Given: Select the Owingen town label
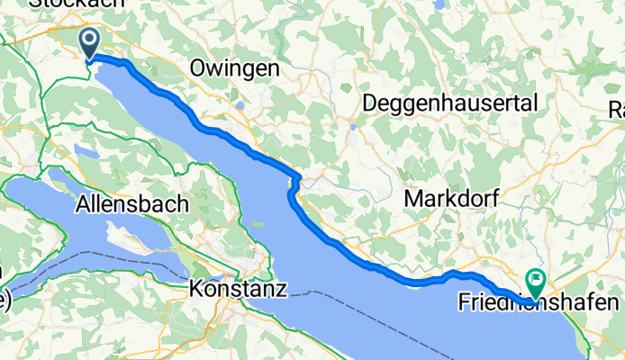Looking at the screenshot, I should click(x=235, y=68).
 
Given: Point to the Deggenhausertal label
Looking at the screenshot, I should click(x=449, y=103).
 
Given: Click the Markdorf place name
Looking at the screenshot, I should click(x=451, y=196).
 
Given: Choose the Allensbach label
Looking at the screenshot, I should click(x=133, y=203).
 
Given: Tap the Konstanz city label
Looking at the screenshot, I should click(x=239, y=290).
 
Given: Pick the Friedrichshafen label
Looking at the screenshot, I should click(x=541, y=301).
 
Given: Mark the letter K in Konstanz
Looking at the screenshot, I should click(x=196, y=290).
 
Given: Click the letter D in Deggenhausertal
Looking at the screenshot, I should click(x=369, y=103).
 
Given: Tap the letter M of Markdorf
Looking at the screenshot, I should click(x=413, y=196).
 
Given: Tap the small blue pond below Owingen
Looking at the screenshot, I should click(x=240, y=105).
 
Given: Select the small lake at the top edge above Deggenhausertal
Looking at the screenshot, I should click(x=439, y=4).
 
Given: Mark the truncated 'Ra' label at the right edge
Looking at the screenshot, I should click(x=618, y=110).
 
